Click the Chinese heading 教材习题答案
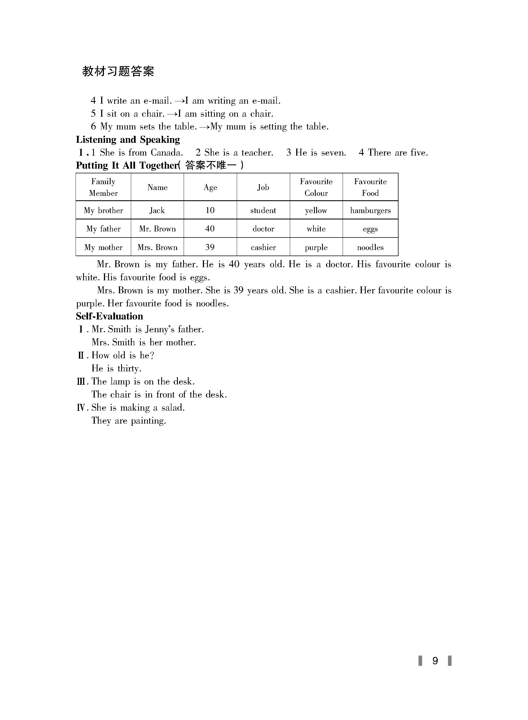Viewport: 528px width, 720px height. (118, 71)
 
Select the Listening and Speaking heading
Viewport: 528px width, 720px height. (128, 140)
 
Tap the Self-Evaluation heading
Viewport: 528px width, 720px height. (109, 316)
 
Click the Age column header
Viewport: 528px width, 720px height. (210, 187)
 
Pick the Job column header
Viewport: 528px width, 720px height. (263, 187)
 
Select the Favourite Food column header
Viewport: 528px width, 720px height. (370, 187)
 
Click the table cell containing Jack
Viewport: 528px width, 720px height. (157, 211)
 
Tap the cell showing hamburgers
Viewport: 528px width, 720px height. (370, 211)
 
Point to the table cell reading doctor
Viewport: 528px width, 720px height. (263, 229)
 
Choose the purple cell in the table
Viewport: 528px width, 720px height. (316, 247)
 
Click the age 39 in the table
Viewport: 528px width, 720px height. (210, 247)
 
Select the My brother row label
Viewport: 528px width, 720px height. (103, 211)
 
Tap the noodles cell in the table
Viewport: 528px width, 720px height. (370, 247)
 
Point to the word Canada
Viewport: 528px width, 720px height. (166, 153)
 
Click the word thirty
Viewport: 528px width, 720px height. (129, 369)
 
